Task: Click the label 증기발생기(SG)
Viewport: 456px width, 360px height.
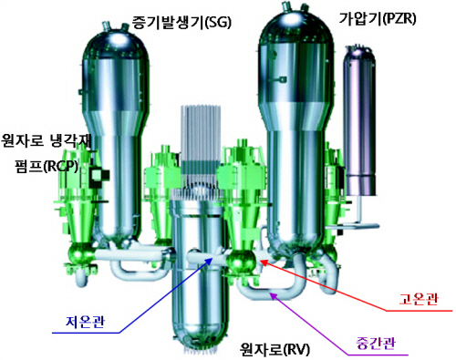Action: pyautogui.click(x=181, y=23)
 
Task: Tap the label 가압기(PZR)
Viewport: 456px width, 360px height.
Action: pyautogui.click(x=378, y=19)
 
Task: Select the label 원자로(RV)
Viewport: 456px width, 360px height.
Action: pyautogui.click(x=275, y=349)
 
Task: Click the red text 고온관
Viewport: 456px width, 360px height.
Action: pyautogui.click(x=419, y=299)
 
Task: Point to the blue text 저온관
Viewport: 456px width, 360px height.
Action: pyautogui.click(x=85, y=322)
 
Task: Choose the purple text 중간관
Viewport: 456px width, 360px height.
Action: pyautogui.click(x=376, y=344)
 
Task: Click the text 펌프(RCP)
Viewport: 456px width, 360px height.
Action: pyautogui.click(x=47, y=166)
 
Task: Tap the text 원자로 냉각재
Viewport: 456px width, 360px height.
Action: pyautogui.click(x=47, y=140)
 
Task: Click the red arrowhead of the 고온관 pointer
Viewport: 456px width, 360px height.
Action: pyautogui.click(x=264, y=262)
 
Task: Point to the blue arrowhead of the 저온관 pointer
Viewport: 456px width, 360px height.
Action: pyautogui.click(x=210, y=260)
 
